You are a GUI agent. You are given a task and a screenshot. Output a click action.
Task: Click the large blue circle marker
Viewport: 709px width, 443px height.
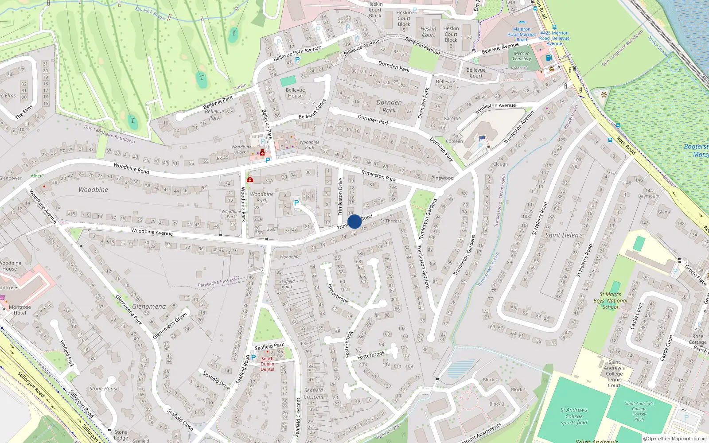tap(354, 221)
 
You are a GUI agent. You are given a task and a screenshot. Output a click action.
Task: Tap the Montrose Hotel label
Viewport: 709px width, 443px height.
tap(19, 310)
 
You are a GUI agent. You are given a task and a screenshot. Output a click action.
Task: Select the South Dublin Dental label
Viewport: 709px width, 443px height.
tap(267, 364)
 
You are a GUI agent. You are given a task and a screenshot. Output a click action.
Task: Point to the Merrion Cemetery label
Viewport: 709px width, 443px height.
tap(522, 56)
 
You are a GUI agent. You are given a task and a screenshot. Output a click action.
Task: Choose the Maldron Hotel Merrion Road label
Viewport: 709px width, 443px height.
tap(522, 34)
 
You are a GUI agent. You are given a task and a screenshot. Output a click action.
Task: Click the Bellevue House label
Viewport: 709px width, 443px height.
tap(295, 93)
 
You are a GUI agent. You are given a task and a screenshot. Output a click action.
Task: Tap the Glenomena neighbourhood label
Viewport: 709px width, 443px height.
tap(149, 307)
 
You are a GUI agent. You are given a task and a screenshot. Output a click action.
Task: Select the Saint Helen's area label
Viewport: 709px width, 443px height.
tap(564, 235)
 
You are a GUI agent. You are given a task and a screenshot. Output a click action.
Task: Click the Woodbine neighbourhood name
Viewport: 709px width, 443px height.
tap(93, 190)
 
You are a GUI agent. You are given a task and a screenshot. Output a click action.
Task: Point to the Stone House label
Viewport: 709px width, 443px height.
tap(104, 389)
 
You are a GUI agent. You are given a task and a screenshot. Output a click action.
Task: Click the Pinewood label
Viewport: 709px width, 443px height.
tap(442, 178)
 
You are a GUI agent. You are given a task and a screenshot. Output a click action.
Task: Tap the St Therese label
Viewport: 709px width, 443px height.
tap(391, 221)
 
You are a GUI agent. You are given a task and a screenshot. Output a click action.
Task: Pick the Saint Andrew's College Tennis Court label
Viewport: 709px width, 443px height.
tap(614, 373)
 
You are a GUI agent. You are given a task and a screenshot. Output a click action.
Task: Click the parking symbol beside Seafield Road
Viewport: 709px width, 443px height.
tap(253, 357)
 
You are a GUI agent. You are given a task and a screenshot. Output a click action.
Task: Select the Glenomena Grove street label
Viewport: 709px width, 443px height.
tap(170, 325)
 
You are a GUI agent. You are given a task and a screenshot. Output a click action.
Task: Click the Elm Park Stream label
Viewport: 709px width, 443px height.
tap(150, 13)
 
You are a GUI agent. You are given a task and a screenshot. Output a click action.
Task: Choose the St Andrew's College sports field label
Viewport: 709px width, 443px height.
tap(574, 416)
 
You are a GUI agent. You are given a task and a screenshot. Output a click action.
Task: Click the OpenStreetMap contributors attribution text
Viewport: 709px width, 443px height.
tap(675, 439)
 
